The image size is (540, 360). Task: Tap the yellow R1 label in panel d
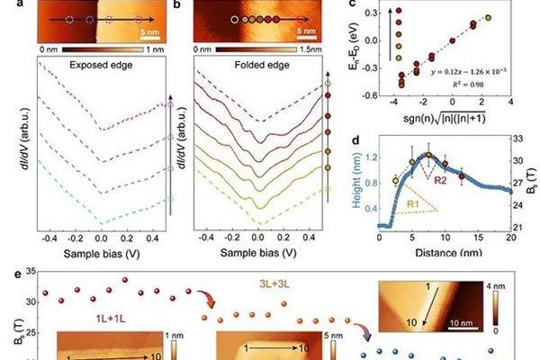click(408, 206)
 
